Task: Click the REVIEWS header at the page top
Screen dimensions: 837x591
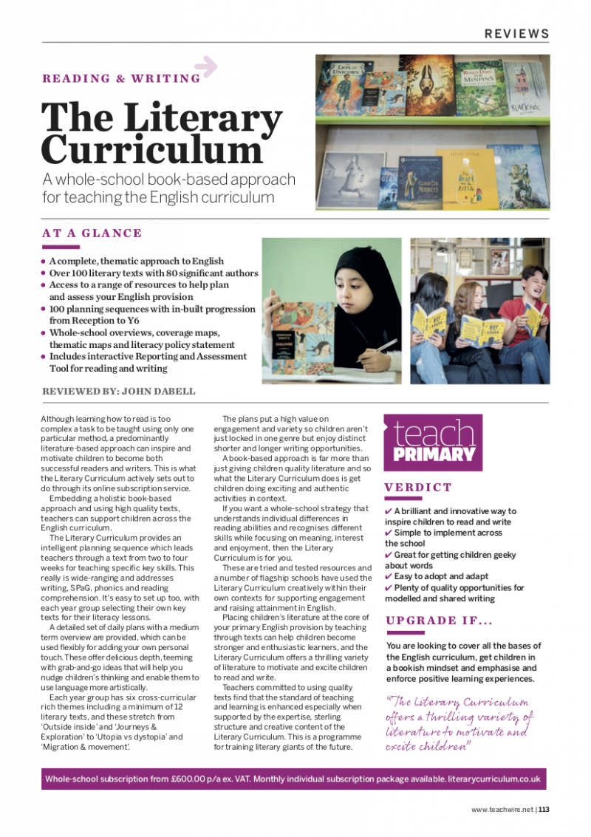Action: coord(516,34)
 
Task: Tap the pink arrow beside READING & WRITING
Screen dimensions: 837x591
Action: coord(208,66)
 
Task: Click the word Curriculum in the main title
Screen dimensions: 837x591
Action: coord(142,150)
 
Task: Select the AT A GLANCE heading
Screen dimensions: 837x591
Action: coord(92,233)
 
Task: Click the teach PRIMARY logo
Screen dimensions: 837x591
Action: coord(433,442)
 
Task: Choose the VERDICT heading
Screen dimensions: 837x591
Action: coord(418,488)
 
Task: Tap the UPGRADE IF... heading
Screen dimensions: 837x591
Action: coord(439,621)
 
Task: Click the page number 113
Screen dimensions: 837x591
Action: coord(544,809)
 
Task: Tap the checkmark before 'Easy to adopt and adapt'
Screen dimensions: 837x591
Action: coord(389,576)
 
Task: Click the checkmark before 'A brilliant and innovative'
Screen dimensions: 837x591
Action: coord(389,510)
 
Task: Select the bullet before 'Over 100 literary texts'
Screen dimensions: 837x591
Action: coord(44,273)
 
